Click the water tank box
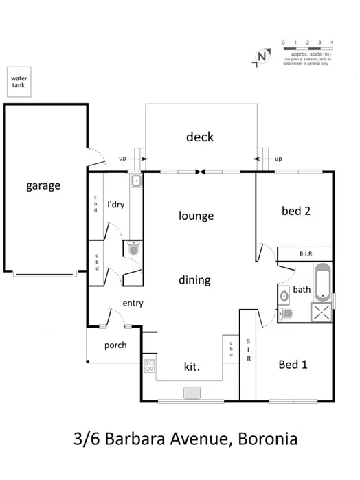point(18,82)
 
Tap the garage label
point(44,185)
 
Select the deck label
point(200,137)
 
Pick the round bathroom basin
point(284,296)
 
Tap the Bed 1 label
point(293,365)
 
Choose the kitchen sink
point(192,392)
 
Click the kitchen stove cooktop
point(149,366)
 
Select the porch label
point(115,345)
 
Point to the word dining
point(194,280)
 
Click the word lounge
point(196,216)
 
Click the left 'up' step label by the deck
point(123,159)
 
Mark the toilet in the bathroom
point(288,314)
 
